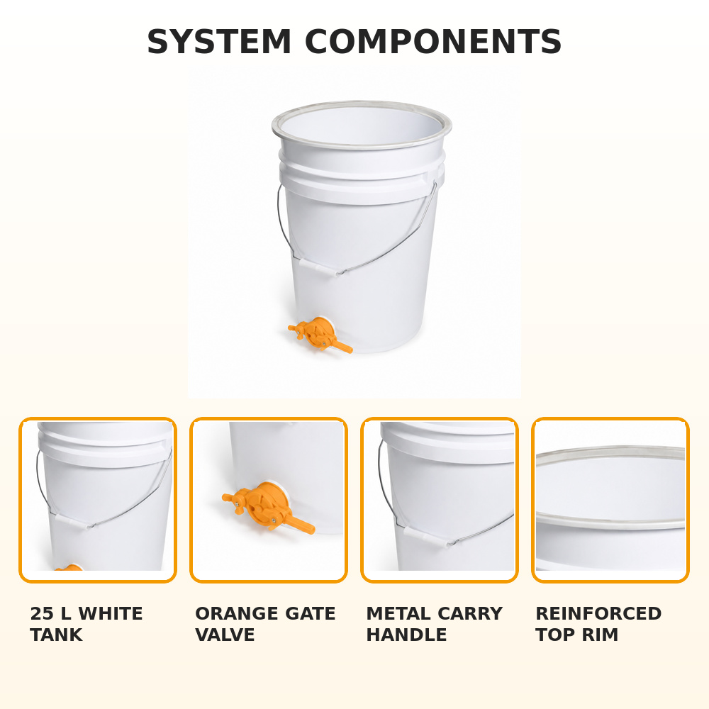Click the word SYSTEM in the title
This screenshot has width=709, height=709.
click(219, 42)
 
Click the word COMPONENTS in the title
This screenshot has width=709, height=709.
click(433, 42)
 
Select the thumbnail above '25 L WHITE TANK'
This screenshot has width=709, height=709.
click(98, 500)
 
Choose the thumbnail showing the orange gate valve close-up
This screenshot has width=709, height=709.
click(269, 500)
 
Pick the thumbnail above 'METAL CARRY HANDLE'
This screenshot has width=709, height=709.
click(440, 500)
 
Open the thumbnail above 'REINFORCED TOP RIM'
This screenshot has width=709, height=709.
click(610, 500)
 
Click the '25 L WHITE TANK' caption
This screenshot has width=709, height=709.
click(86, 624)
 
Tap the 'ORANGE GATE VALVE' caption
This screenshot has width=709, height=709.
click(265, 624)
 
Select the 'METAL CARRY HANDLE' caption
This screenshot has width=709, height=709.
click(435, 624)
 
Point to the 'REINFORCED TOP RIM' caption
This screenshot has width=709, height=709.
click(598, 624)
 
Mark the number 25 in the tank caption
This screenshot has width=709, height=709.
click(42, 613)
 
